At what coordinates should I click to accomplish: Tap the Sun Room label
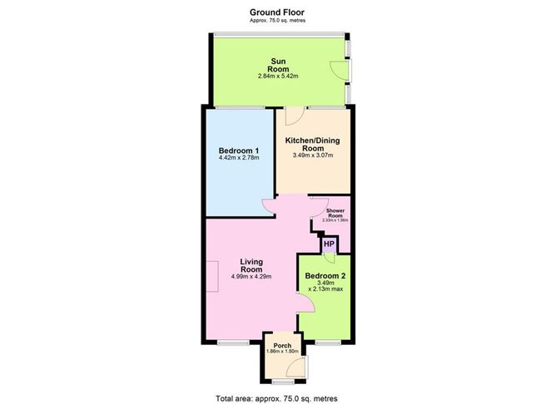278,64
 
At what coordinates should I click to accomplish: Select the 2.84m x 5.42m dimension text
278,76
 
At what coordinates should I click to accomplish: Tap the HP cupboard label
329,244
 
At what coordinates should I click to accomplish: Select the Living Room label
251,266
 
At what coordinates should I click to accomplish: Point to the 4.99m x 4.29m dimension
251,277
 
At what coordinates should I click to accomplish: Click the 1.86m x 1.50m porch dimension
281,352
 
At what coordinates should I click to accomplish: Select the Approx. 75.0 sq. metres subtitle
278,20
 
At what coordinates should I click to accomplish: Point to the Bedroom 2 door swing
305,299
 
